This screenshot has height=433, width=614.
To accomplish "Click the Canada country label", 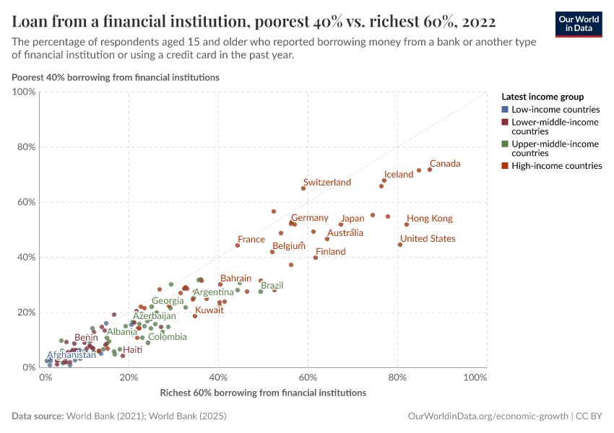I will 445,164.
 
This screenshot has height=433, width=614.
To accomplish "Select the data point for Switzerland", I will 303,188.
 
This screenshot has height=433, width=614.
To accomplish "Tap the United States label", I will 428,239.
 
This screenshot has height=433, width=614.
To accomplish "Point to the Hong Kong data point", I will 407,224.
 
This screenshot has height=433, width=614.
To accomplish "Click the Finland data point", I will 316,258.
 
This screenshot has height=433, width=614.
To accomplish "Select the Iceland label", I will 399,175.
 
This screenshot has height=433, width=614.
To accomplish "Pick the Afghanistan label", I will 72,355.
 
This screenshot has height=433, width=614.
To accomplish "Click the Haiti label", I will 133,350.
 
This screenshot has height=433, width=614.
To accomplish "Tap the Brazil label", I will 272,286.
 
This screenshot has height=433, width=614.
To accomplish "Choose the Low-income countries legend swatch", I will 505,110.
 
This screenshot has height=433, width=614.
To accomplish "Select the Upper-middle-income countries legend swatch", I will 505,144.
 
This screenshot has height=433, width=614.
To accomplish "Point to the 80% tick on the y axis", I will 25,147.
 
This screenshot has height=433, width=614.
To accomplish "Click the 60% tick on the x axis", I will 308,378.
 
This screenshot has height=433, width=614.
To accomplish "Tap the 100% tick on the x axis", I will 475,378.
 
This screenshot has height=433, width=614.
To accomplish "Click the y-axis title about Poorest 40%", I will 116,76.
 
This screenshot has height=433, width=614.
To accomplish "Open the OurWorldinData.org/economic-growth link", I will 488,416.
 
